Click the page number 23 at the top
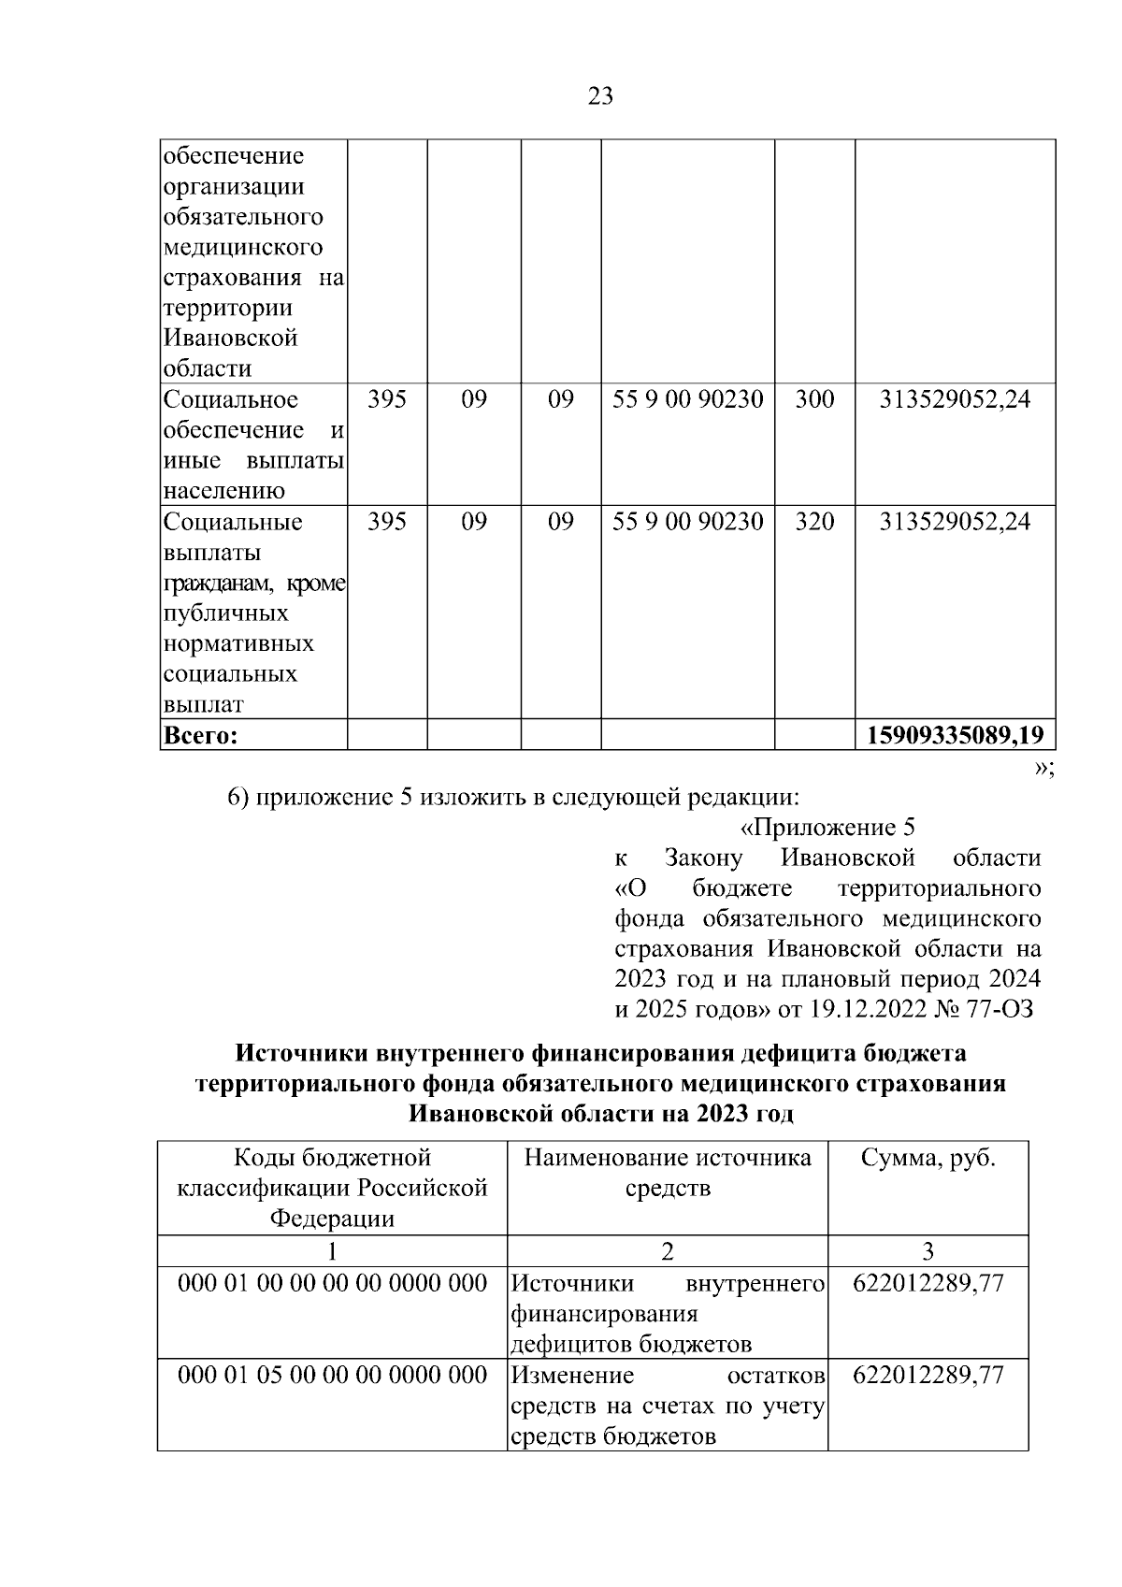[x=600, y=95]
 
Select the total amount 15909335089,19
[x=955, y=735]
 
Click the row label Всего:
[x=201, y=736]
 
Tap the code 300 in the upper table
[x=813, y=399]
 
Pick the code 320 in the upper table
[x=813, y=521]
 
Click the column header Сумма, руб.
[x=928, y=1158]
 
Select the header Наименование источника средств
[x=668, y=1173]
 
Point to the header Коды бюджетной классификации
[x=332, y=1188]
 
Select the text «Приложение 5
[x=827, y=828]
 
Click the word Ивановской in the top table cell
[x=230, y=338]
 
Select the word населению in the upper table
[x=223, y=490]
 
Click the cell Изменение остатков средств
[x=668, y=1405]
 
